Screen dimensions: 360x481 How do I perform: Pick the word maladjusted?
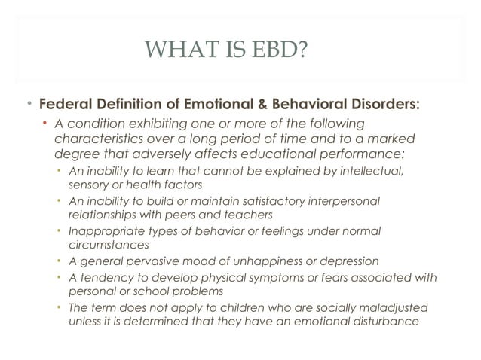396,308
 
